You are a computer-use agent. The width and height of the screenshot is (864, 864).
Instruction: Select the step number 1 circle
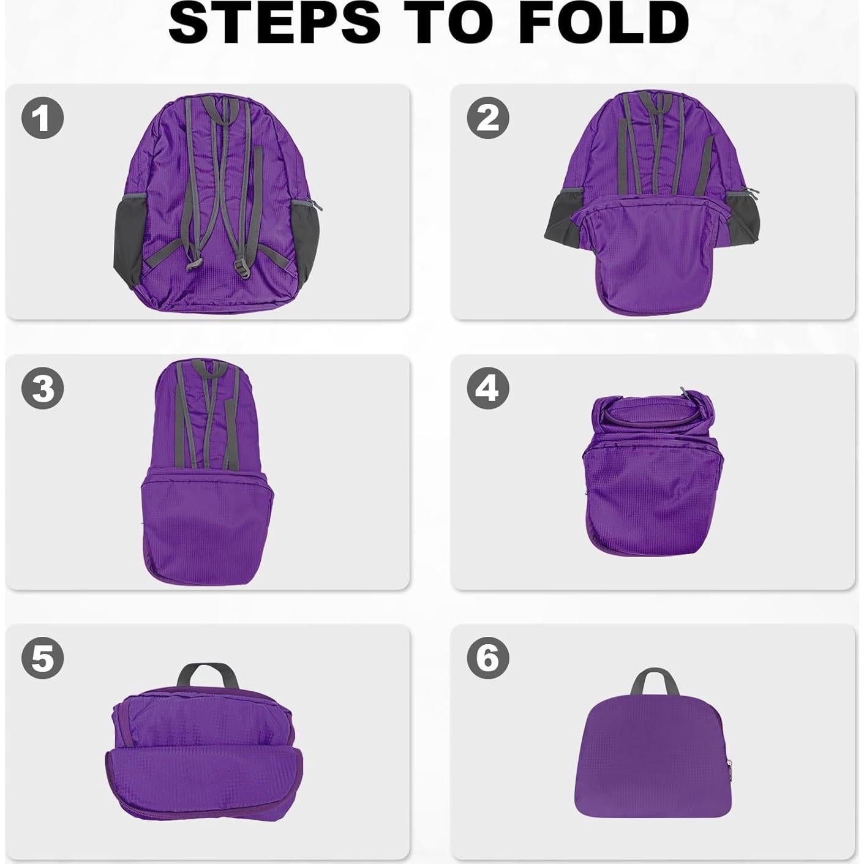click(x=42, y=117)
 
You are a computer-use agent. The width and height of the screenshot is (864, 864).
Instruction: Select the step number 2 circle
click(x=488, y=117)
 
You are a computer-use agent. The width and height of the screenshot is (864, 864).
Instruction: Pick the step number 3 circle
click(x=42, y=388)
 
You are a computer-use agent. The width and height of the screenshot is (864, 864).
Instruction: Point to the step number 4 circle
click(x=488, y=388)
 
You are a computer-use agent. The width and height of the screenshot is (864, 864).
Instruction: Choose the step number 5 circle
click(x=42, y=659)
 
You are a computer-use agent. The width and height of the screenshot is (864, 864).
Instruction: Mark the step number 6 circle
click(x=488, y=659)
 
